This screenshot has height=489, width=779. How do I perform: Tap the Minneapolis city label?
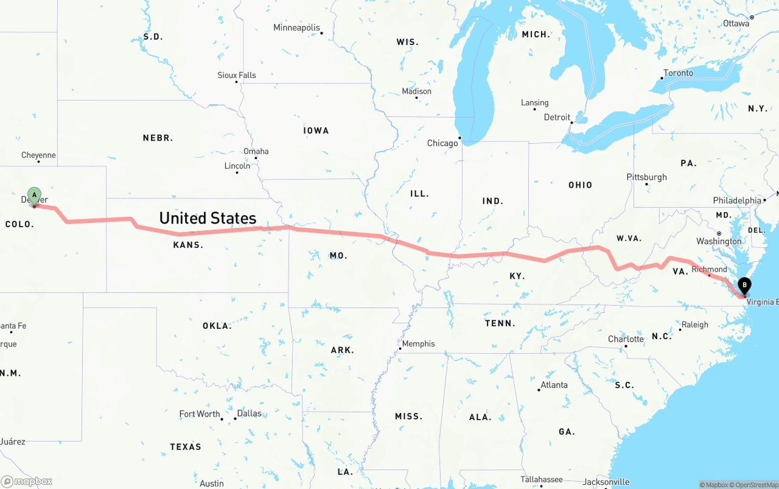tap(296, 27)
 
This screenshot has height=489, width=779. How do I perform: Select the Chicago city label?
tap(442, 143)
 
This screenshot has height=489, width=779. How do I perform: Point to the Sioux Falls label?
tap(237, 75)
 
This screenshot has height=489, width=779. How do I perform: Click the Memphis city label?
tap(419, 343)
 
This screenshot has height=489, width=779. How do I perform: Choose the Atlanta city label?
tap(554, 385)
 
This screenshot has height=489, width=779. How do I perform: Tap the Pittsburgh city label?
tap(646, 177)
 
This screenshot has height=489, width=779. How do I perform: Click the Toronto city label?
tap(678, 73)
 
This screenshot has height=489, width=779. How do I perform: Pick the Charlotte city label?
tap(626, 339)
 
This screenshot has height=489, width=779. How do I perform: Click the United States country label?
tap(208, 218)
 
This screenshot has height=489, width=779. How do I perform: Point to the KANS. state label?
tap(188, 245)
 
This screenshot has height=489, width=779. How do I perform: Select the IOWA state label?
tap(316, 130)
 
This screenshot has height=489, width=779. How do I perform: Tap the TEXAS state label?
tap(186, 446)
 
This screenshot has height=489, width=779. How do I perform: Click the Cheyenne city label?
tap(38, 155)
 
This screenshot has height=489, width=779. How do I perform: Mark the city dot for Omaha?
tap(256, 158)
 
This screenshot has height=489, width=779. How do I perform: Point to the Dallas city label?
tap(249, 413)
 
